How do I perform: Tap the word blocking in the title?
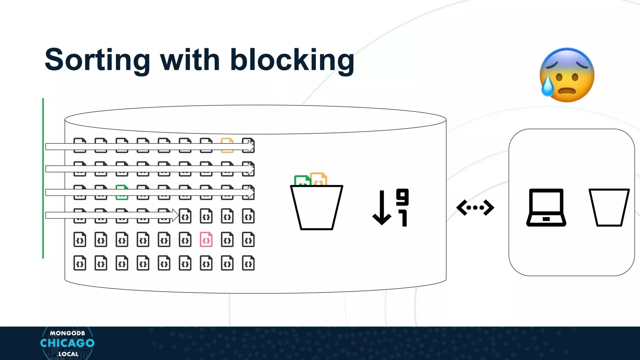tap(292, 60)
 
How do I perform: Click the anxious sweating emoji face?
tap(567, 75)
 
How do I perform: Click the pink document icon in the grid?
tap(206, 240)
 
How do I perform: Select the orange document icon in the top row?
tap(227, 145)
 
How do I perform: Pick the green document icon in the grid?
tap(122, 192)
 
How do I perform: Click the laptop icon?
tap(546, 207)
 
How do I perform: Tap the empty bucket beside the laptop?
tap(609, 207)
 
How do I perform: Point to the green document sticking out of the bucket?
tap(302, 181)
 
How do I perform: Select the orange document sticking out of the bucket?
tap(319, 179)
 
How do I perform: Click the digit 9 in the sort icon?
tap(402, 197)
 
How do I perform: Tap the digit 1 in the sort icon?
tap(403, 218)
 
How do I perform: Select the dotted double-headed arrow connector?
tap(475, 207)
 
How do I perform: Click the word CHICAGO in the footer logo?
tap(67, 343)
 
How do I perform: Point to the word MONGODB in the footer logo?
tap(67, 333)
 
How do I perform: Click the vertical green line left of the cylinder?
tap(43, 178)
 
